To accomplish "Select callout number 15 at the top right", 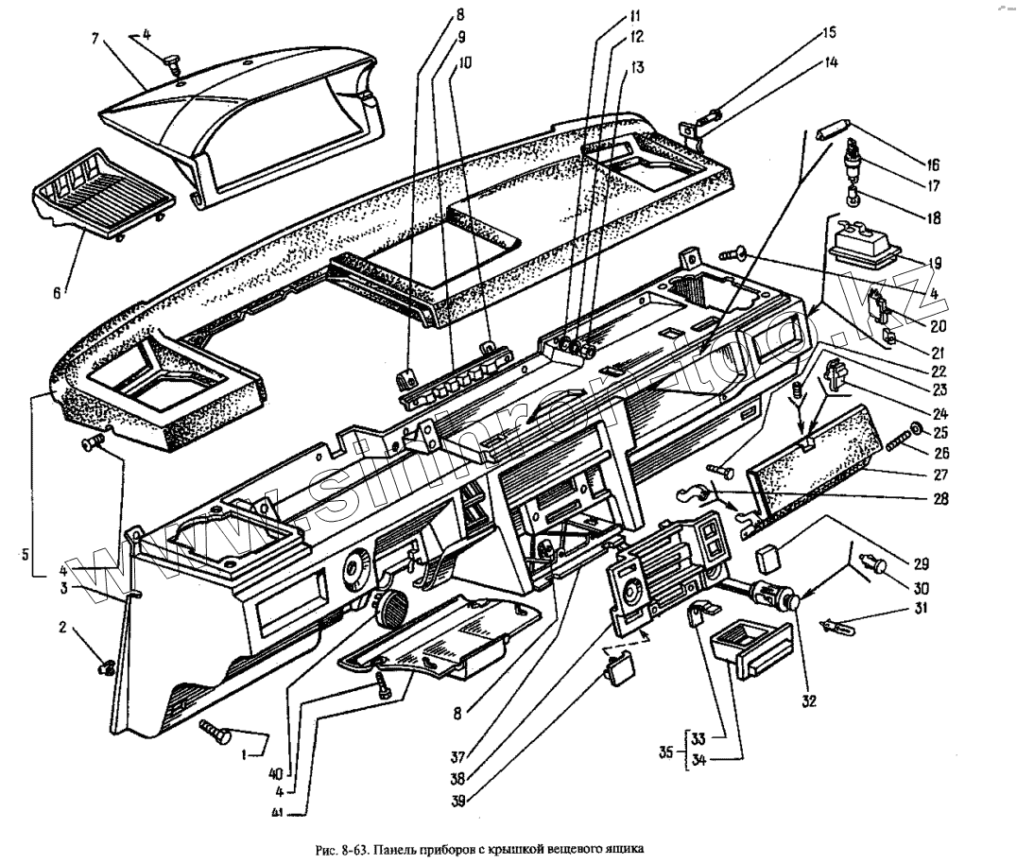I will coord(828,32).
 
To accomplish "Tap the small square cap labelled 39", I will coord(621,671).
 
